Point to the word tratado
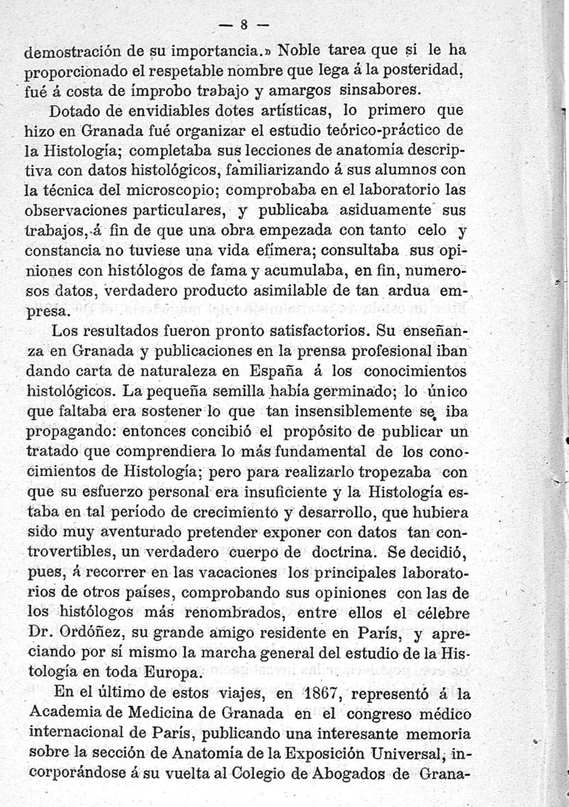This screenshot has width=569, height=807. pyautogui.click(x=55, y=450)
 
